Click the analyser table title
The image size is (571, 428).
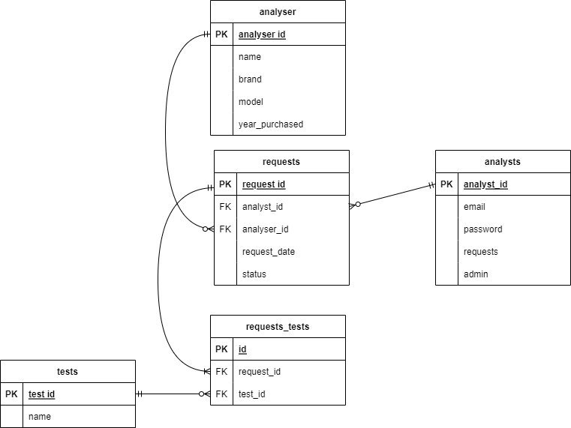tap(278, 12)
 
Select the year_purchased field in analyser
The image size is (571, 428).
tap(270, 124)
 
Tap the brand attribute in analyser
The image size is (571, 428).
tap(250, 79)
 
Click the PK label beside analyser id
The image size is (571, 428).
tap(221, 34)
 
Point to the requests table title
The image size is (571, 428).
tap(281, 162)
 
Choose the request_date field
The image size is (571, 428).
tap(268, 252)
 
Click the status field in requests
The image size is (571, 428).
tap(254, 274)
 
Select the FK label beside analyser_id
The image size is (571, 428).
tap(225, 229)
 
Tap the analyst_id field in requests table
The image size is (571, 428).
tap(262, 207)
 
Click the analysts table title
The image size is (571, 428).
tap(503, 162)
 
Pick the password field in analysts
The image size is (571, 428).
tap(482, 229)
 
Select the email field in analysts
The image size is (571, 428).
tap(474, 207)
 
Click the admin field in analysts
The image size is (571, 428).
tap(476, 274)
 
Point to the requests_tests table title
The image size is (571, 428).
tap(278, 327)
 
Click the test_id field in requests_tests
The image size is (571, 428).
tap(251, 394)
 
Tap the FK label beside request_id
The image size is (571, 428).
tap(221, 372)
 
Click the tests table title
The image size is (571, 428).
tap(68, 372)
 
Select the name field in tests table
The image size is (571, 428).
tap(40, 417)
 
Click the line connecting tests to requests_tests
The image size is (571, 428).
tap(173, 394)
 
